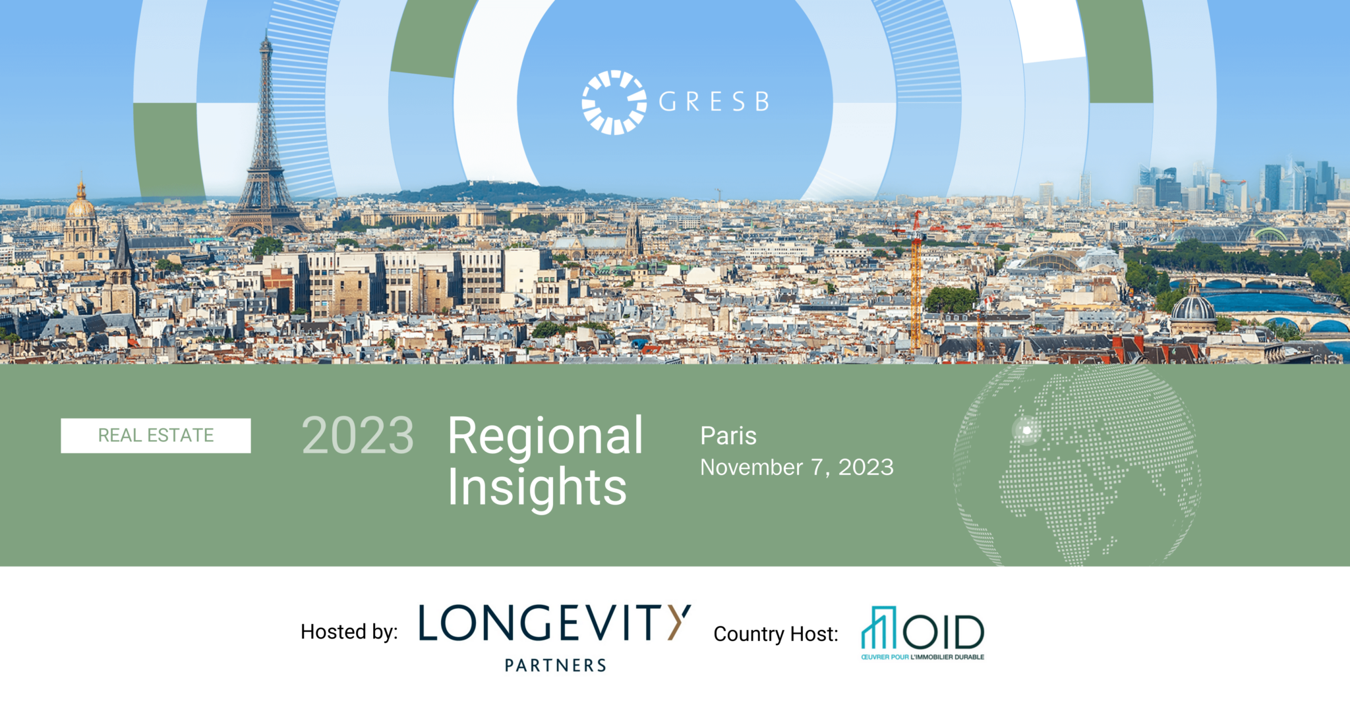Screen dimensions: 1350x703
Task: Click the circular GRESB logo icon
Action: coord(614,102)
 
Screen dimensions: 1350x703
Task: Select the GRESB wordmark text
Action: coord(714,101)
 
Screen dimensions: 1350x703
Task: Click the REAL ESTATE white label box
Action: coord(156,436)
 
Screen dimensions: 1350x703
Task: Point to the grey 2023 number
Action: coord(357,436)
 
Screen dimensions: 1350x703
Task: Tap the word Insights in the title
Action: coord(537,488)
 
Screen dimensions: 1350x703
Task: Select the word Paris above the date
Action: coord(728,436)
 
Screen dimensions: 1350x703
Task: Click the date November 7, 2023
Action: coord(797,467)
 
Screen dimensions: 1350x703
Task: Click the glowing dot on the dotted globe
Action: coord(1026,430)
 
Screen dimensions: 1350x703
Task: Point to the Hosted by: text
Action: coord(349,632)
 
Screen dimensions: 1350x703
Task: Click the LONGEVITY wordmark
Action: coord(555,623)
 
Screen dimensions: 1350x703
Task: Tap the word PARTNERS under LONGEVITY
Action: coord(556,665)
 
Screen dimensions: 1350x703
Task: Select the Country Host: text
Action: coord(776,634)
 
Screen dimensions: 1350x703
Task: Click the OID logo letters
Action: coord(943,632)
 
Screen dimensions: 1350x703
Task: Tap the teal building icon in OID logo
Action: coord(879,627)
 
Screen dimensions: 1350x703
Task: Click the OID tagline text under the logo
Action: coord(922,657)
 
